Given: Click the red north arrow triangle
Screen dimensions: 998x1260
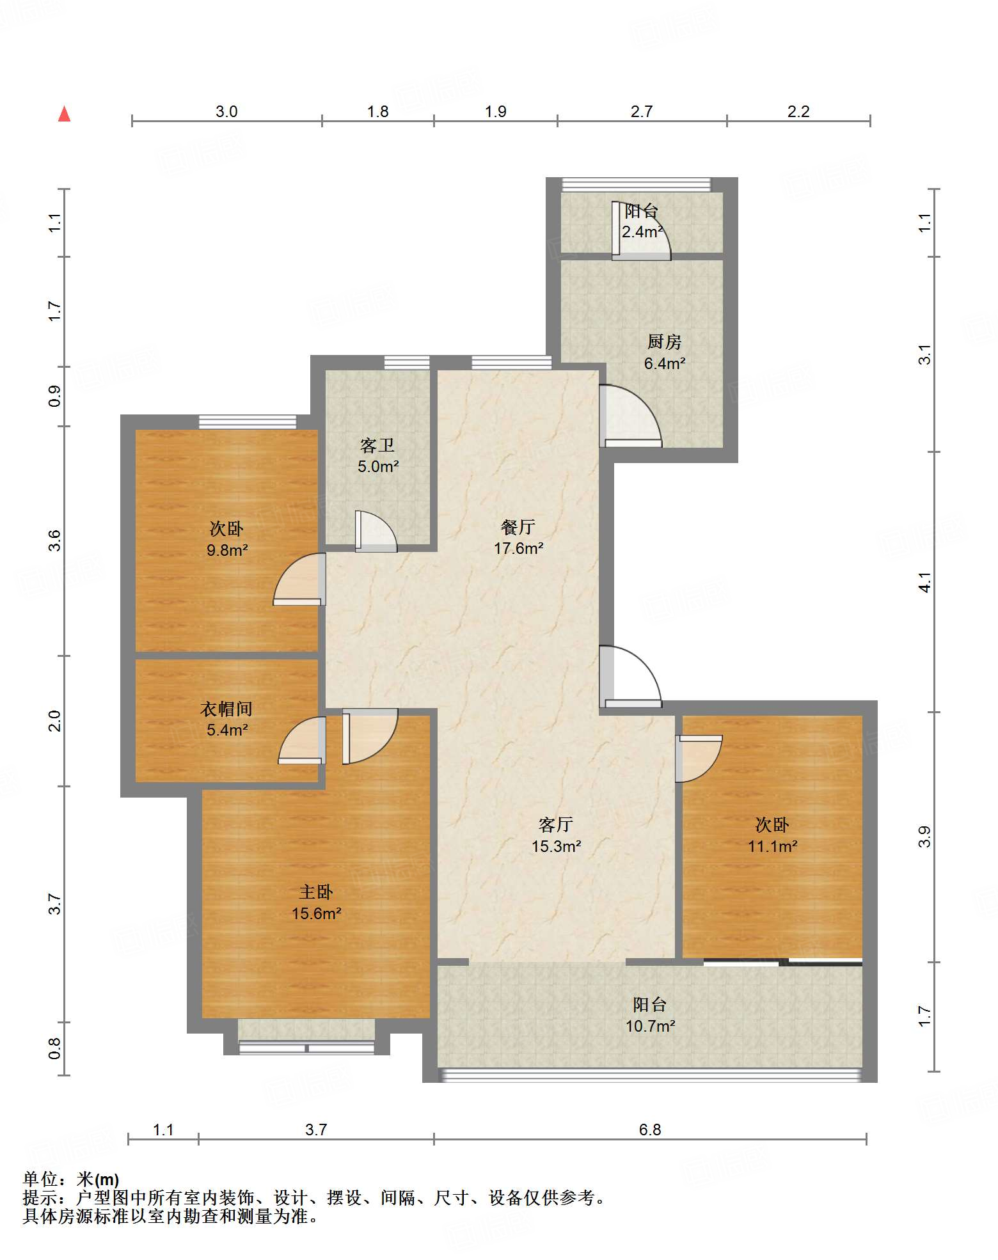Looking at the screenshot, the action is click(x=64, y=114).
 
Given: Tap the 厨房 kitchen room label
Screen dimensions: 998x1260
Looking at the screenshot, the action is click(x=664, y=342).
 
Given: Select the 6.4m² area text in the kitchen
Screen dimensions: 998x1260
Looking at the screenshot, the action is click(x=665, y=364).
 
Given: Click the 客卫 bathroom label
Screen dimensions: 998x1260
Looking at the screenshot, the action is click(x=377, y=445).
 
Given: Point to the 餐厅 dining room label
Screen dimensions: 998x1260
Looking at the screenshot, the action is click(x=518, y=527).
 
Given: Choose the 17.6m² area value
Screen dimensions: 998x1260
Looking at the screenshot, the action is click(x=518, y=549).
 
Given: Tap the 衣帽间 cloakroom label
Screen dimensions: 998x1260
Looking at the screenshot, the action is click(x=226, y=709).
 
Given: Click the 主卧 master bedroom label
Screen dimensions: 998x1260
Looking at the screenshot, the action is click(x=316, y=892).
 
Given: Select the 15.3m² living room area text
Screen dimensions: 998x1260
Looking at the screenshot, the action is click(x=556, y=847).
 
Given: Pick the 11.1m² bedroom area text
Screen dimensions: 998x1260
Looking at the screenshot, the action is click(x=773, y=847).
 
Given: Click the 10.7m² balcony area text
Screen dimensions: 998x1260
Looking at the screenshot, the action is click(x=650, y=1027).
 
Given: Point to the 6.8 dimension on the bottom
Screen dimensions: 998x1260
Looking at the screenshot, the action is click(x=650, y=1130).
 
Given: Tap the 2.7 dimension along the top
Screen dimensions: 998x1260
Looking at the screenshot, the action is click(x=642, y=112).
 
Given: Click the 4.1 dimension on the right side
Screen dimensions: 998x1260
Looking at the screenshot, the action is click(x=925, y=582).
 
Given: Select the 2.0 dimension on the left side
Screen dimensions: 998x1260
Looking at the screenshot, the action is click(x=55, y=721).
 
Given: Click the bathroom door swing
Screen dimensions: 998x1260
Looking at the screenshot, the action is click(x=376, y=531).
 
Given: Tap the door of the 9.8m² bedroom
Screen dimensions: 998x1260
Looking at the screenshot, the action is click(x=299, y=579).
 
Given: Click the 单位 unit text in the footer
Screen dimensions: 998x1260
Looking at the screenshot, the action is click(x=40, y=1179).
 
